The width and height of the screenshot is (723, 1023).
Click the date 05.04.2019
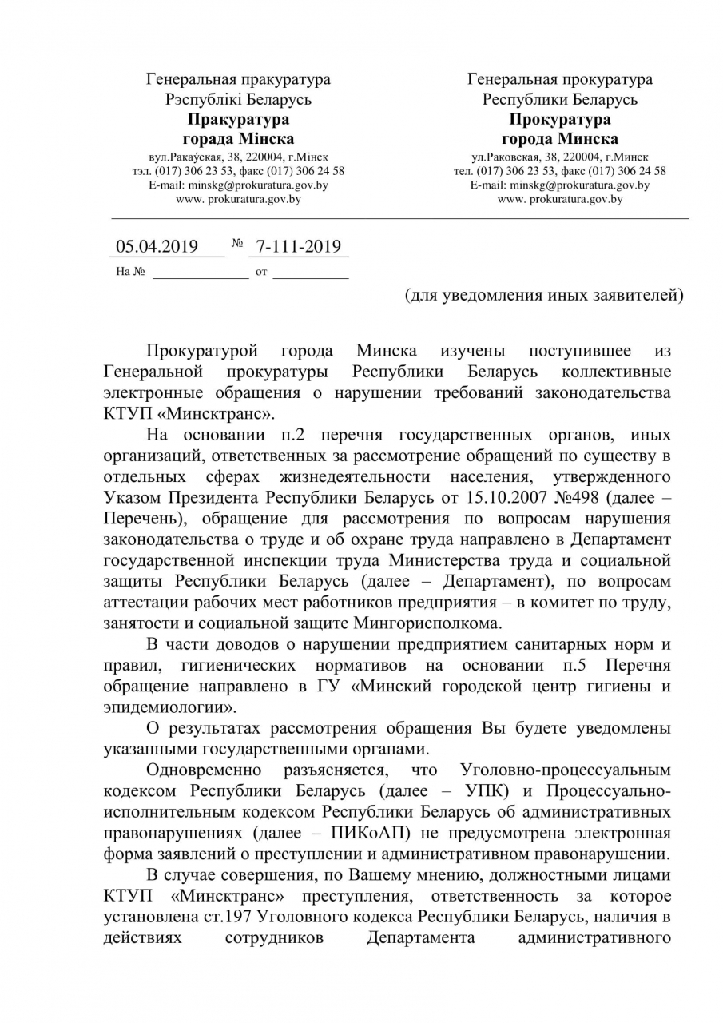[x=157, y=246]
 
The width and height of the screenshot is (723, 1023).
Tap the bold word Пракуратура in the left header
[x=238, y=120]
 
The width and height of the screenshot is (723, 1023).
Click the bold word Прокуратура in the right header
[x=560, y=120]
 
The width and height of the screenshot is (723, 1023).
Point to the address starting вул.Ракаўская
[x=238, y=157]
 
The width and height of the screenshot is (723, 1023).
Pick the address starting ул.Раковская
[x=560, y=157]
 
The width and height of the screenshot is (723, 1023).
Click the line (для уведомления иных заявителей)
[x=544, y=295]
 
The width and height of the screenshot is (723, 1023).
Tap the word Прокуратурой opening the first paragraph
[x=204, y=351]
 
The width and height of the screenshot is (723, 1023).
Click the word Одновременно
[x=204, y=770]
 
